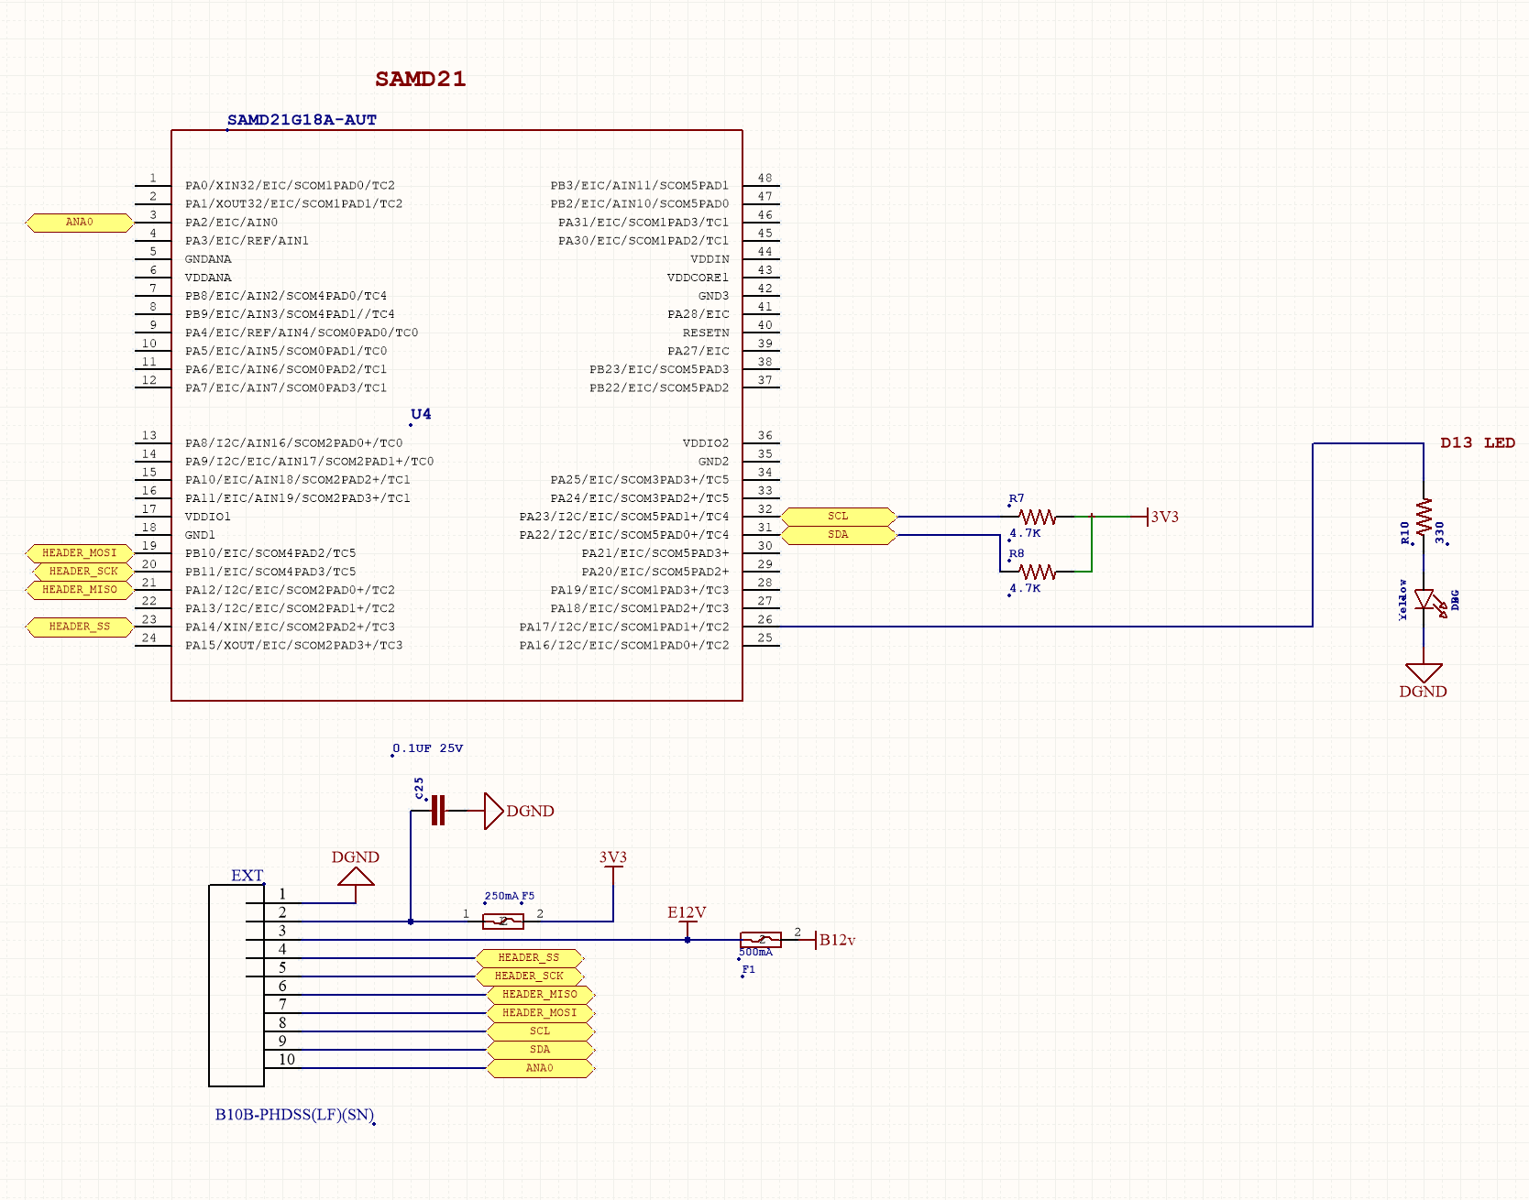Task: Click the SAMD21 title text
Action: [420, 79]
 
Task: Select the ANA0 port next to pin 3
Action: [80, 223]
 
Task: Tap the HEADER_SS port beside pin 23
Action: [80, 627]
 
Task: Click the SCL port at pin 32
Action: [838, 517]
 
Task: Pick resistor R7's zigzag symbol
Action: [1038, 517]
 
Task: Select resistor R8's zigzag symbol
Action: [1038, 572]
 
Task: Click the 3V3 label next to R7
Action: [1164, 517]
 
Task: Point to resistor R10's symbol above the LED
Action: [1424, 517]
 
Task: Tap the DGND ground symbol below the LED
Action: [1423, 673]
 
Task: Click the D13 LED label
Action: [1477, 443]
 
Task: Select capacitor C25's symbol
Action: [438, 811]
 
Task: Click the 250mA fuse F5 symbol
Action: [503, 921]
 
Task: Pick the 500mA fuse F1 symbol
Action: [761, 939]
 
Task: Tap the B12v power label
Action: [836, 940]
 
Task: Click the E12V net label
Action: [687, 912]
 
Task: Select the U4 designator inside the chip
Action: [421, 414]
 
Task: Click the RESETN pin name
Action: [706, 333]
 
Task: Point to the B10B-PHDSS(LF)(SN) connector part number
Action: [294, 1115]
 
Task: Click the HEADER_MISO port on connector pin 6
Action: [540, 994]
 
